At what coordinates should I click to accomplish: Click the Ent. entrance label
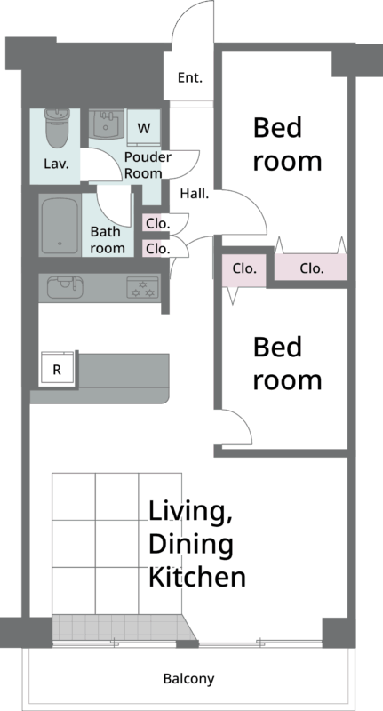pos(190,78)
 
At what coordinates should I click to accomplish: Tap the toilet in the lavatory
pos(56,128)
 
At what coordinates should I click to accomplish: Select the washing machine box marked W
pos(143,128)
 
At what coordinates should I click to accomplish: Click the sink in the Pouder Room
pos(106,124)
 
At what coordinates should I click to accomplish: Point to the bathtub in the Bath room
pos(60,226)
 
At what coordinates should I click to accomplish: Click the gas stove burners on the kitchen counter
pos(143,287)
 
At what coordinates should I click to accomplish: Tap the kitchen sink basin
pos(65,287)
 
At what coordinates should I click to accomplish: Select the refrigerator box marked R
pos(57,370)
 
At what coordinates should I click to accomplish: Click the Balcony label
pos(188,679)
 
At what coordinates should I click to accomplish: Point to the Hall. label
pos(195,194)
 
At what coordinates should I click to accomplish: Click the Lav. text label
pos(57,164)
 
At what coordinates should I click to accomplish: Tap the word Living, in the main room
pos(190,513)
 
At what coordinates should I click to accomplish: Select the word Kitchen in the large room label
pos(197,577)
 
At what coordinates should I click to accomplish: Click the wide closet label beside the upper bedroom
pos(312,268)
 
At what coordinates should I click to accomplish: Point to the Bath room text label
pos(108,240)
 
